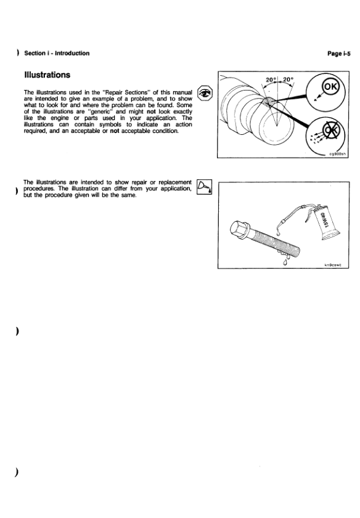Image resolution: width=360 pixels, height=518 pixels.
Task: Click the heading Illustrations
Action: click(x=47, y=75)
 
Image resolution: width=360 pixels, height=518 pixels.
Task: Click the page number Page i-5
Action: click(x=339, y=54)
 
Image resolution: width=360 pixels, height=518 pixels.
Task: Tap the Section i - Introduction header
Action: click(x=57, y=53)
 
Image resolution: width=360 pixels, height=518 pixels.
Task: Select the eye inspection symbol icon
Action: click(x=205, y=93)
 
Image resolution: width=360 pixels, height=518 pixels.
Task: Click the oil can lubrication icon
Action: click(x=204, y=187)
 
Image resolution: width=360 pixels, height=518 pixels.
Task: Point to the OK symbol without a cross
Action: click(x=330, y=87)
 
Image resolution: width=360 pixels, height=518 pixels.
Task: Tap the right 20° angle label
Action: click(x=288, y=80)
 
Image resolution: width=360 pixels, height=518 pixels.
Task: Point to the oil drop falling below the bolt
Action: click(x=284, y=262)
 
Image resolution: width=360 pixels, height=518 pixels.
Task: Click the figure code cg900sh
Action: click(x=337, y=154)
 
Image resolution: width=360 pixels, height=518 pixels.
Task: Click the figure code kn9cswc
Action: click(x=333, y=265)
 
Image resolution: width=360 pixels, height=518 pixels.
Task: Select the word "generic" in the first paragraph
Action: click(x=102, y=111)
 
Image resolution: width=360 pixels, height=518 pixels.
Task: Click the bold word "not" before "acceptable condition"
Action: click(x=115, y=131)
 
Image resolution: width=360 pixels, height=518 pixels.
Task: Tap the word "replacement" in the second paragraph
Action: click(x=175, y=182)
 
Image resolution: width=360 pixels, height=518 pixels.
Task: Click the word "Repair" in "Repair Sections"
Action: click(x=115, y=92)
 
